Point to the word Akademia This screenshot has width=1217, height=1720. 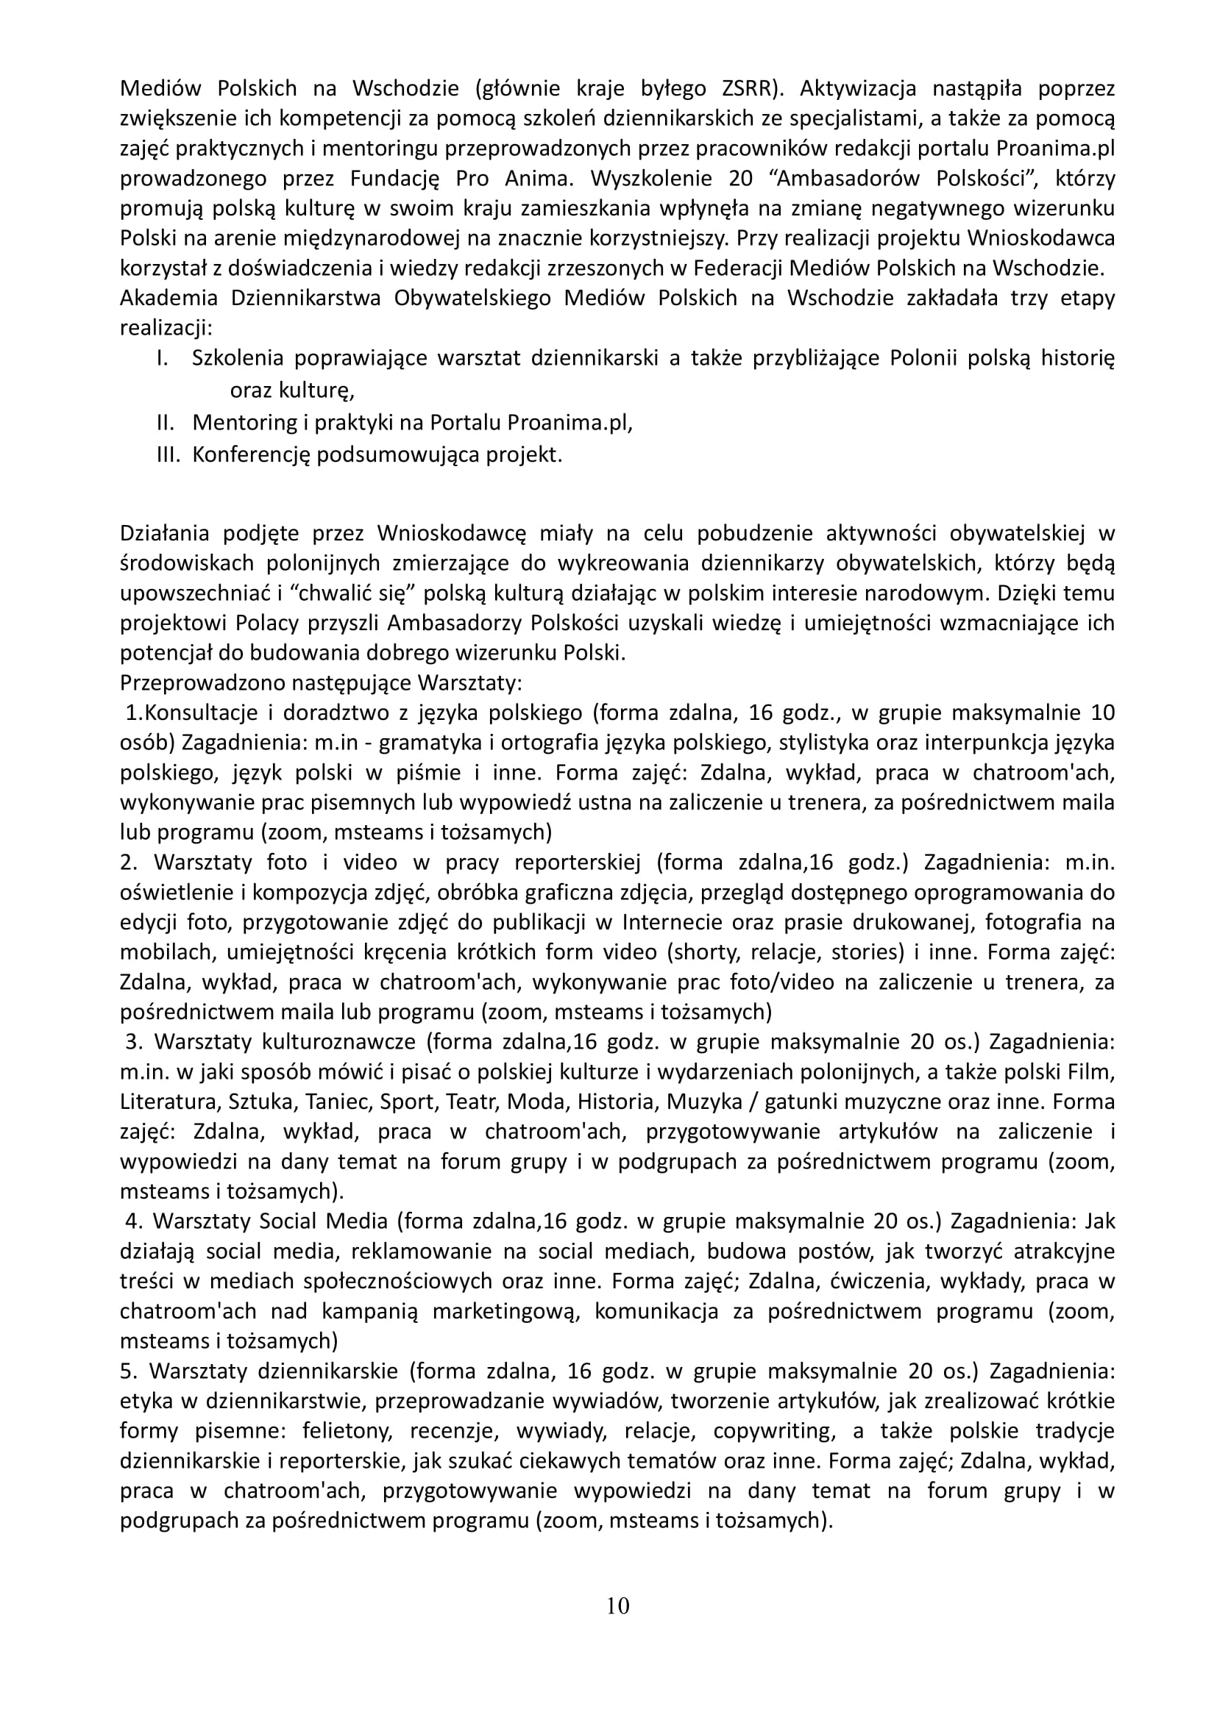[168, 297]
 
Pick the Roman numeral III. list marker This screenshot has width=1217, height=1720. [168, 454]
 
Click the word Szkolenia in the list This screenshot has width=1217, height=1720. [238, 358]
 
